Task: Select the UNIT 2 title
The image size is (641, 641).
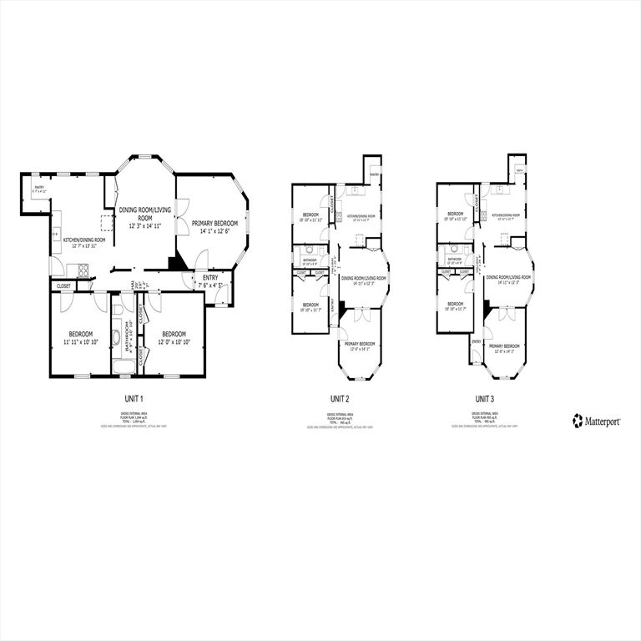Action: pos(340,399)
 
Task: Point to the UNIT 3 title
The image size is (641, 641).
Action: pos(485,399)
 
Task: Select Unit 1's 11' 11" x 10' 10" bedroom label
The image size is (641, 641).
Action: pos(82,337)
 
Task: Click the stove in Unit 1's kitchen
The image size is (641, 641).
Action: pos(83,269)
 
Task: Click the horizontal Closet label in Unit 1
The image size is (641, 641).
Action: pos(64,285)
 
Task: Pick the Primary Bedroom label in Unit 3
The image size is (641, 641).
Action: pos(506,347)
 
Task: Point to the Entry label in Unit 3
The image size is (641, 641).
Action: pos(477,341)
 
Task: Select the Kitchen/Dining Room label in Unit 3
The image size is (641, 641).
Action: pos(507,216)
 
